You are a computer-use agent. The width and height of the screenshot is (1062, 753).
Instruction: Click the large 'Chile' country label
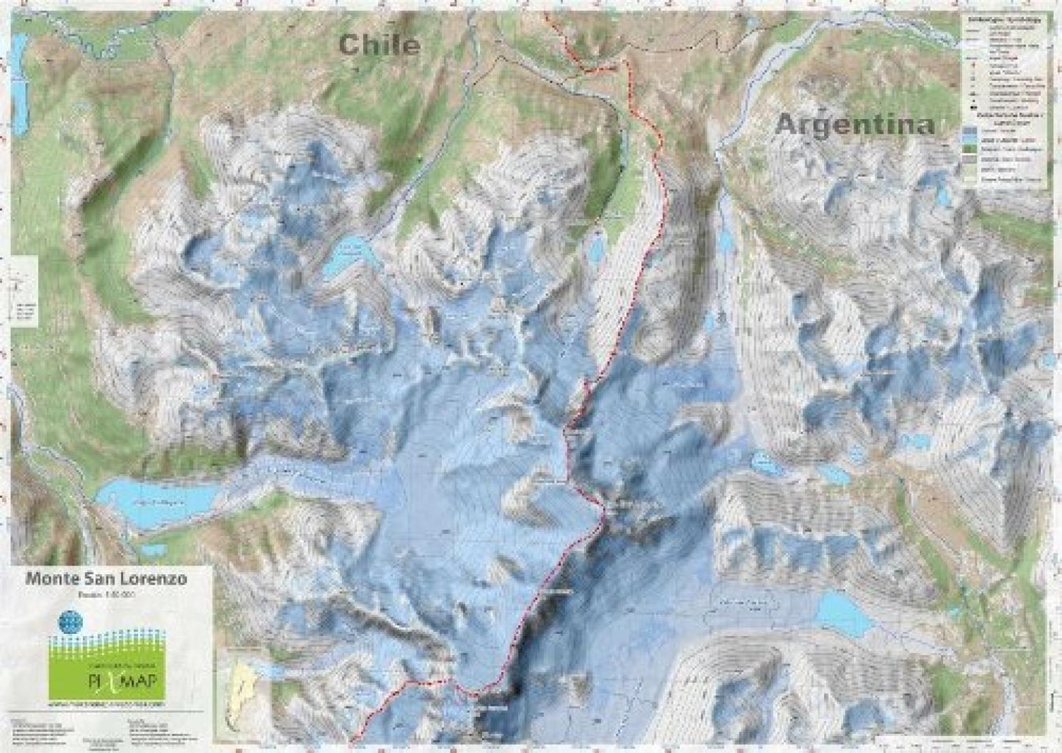pyautogui.click(x=379, y=45)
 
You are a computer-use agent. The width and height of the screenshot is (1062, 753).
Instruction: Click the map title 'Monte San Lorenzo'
pyautogui.click(x=107, y=579)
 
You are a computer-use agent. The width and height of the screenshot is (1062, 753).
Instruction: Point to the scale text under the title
pyautogui.click(x=107, y=593)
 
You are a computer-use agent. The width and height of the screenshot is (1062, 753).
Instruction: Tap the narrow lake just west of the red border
pyautogui.click(x=596, y=248)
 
